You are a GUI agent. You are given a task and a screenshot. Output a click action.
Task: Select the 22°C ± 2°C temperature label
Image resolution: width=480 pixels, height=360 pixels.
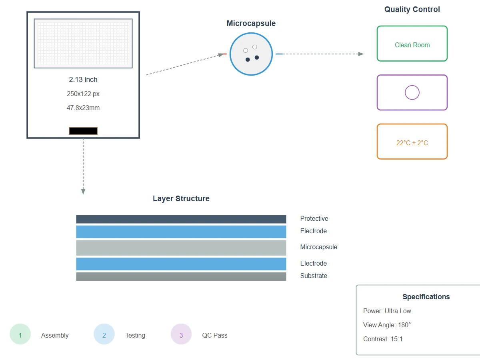(x=412, y=143)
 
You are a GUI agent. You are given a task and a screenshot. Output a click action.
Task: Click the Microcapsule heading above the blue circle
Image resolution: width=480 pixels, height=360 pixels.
(x=251, y=23)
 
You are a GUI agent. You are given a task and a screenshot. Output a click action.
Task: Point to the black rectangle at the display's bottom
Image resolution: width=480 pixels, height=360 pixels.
(x=83, y=131)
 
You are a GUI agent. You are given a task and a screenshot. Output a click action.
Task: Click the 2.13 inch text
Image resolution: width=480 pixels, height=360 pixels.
(x=83, y=80)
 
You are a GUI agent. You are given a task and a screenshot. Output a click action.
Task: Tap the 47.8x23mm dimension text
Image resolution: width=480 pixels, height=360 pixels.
(x=83, y=108)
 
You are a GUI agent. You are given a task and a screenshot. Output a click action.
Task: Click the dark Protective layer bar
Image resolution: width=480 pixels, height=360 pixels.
(x=181, y=219)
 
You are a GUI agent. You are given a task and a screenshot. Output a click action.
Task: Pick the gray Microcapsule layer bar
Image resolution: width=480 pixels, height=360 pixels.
(x=181, y=248)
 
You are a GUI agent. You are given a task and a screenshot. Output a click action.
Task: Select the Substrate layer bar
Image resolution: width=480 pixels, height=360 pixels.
(x=181, y=276)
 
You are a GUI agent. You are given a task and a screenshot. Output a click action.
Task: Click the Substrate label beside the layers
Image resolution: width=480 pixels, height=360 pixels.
(x=314, y=276)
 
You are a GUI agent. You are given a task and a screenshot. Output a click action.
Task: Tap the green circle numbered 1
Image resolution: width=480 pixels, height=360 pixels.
(x=20, y=334)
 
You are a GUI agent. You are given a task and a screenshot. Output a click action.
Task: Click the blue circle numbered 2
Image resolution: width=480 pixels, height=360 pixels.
(x=104, y=334)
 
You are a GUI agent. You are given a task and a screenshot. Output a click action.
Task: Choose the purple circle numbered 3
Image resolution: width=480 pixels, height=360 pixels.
(x=181, y=334)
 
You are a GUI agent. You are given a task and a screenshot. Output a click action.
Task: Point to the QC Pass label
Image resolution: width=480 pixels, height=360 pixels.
(x=215, y=335)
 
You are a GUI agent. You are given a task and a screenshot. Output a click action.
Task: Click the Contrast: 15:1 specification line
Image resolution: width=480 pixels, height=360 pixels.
(x=383, y=339)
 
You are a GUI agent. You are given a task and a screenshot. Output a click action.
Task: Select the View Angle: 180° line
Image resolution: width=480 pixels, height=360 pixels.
(x=387, y=325)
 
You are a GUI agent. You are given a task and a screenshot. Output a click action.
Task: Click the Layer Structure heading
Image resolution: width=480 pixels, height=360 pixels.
(x=181, y=198)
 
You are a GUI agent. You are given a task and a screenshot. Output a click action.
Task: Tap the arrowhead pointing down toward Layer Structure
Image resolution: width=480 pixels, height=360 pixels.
(x=83, y=192)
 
